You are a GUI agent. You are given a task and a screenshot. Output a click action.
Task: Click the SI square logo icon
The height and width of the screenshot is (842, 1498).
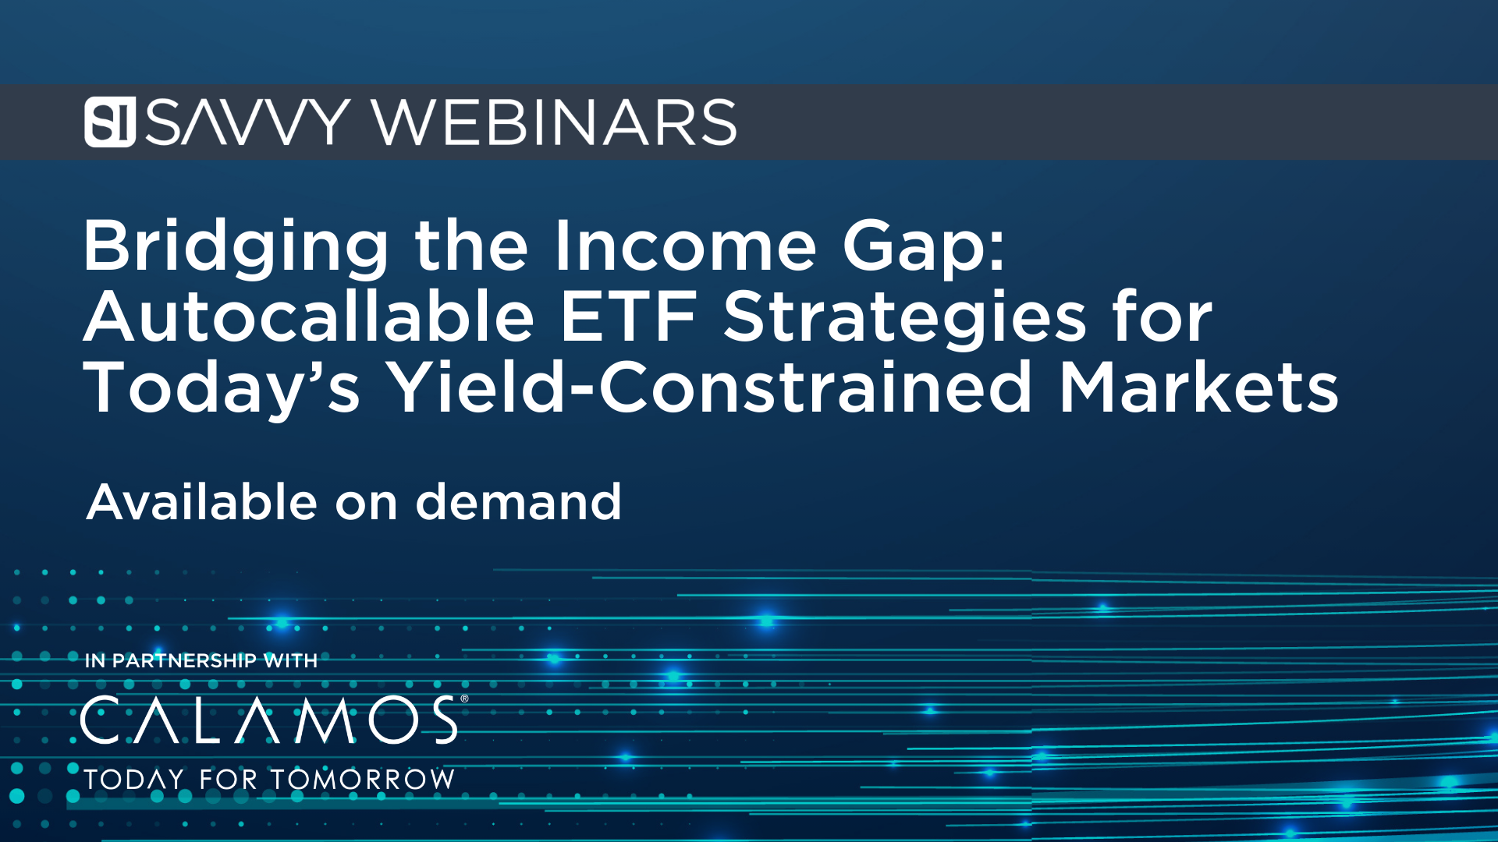110,122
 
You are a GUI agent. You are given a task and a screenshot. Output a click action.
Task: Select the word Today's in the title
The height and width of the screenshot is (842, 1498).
222,388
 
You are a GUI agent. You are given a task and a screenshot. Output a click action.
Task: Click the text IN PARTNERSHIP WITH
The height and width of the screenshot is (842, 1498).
201,660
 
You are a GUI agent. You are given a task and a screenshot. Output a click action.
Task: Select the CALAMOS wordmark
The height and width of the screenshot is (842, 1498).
269,720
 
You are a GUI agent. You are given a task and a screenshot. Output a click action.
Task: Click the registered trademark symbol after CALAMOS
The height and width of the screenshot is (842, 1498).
465,699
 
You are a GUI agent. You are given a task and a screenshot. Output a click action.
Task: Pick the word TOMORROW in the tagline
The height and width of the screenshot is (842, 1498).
363,779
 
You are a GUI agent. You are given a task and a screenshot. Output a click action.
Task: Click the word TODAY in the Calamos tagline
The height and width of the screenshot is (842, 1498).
133,779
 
